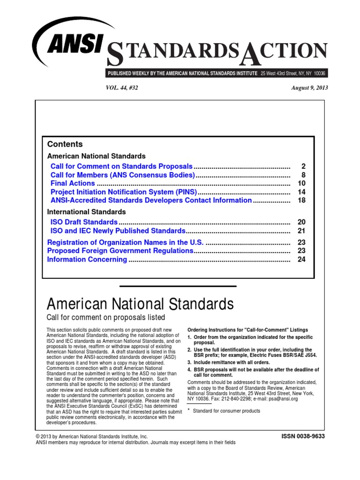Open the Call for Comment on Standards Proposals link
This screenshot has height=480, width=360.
pyautogui.click(x=121, y=166)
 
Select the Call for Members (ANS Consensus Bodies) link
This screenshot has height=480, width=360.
pyautogui.click(x=122, y=175)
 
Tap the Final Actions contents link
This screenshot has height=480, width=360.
pyautogui.click(x=73, y=183)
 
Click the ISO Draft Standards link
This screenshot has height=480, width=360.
pyautogui.click(x=84, y=222)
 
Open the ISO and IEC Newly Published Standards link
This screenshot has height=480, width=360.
pyautogui.click(x=118, y=231)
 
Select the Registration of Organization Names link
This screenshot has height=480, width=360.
pyautogui.click(x=125, y=242)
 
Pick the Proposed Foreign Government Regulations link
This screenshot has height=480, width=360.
pyautogui.click(x=120, y=251)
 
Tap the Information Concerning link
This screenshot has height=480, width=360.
pyautogui.click(x=87, y=259)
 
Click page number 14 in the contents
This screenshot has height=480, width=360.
pyautogui.click(x=301, y=192)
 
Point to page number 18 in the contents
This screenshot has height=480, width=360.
pyautogui.click(x=301, y=200)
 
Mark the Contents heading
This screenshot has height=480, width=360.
pyautogui.click(x=65, y=144)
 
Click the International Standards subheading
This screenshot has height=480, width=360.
pyautogui.click(x=86, y=212)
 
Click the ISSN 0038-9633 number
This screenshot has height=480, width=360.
pyautogui.click(x=302, y=436)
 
